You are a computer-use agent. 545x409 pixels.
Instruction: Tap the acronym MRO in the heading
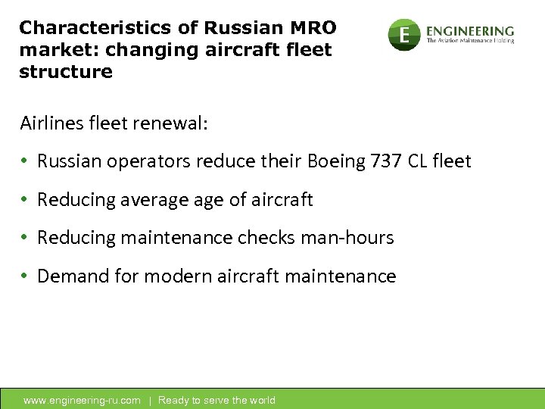pos(312,29)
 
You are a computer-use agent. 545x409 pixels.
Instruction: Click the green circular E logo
pos(404,34)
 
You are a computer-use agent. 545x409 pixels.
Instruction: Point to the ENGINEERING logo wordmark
pos(469,30)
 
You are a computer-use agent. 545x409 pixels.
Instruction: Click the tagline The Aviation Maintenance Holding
pos(470,41)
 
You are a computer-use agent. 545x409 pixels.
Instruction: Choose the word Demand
pos(67,276)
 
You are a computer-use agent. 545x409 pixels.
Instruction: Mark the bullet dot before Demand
pos(25,276)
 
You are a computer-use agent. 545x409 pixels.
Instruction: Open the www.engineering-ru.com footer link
pos(82,400)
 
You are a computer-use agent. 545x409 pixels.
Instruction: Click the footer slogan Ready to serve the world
pos(216,400)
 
